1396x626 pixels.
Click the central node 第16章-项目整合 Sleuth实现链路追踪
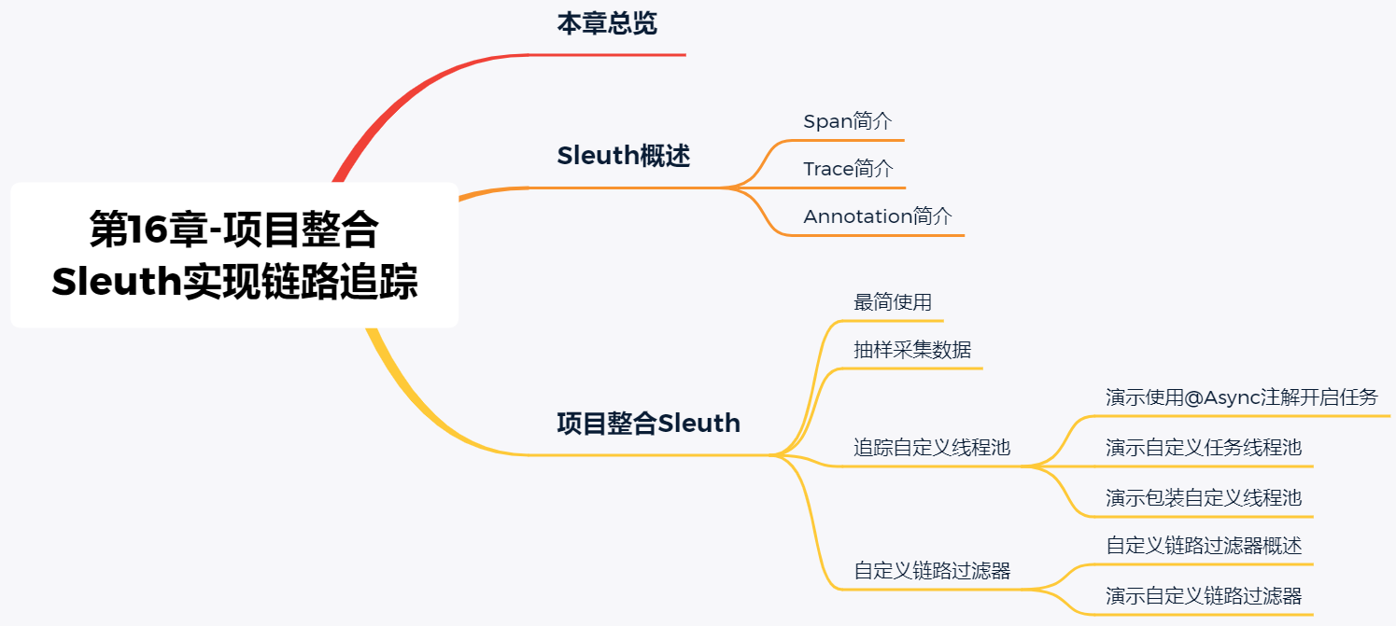pos(234,255)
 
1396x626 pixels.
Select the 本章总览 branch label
pos(607,24)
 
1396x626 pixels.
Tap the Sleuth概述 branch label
pos(623,156)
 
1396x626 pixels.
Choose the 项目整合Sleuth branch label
pos(648,424)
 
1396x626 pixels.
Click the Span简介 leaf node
pos(848,121)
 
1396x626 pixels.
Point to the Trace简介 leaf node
pos(848,169)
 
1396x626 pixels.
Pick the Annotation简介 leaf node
pos(878,216)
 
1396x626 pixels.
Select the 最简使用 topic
pos(893,302)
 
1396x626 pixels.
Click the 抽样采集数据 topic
pos(912,350)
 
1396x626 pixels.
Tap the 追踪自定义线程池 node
pos(932,447)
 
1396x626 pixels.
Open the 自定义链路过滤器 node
pos(932,570)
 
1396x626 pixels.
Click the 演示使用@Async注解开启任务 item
pos(1241,397)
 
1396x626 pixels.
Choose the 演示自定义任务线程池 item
pos(1204,447)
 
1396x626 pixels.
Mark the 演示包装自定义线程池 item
pos(1204,496)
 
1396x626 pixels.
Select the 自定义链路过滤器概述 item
pos(1204,545)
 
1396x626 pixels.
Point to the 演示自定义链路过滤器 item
pos(1204,595)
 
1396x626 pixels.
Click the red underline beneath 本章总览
pos(607,55)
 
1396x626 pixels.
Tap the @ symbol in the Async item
pos(1194,398)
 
